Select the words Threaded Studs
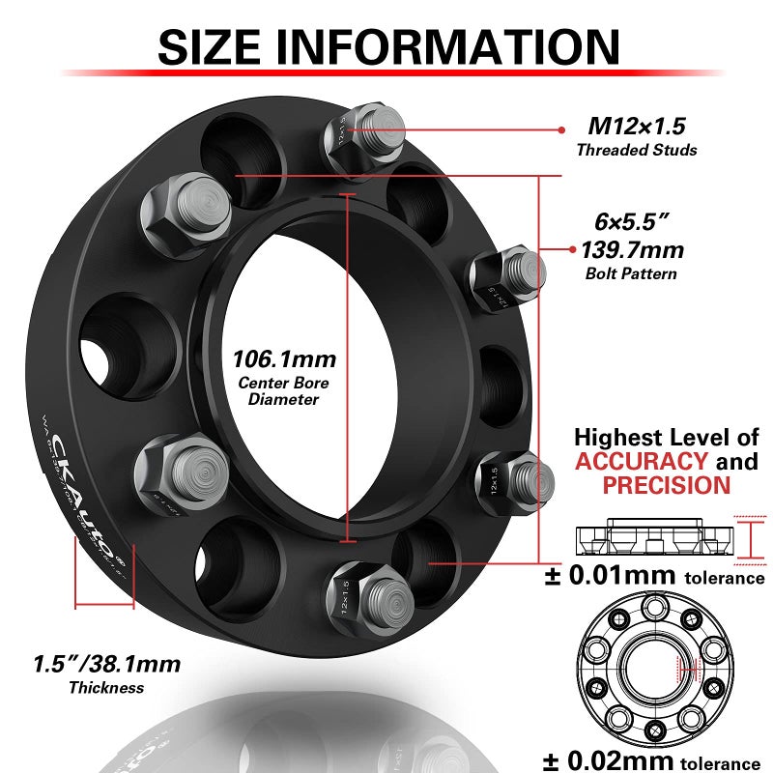[636, 150]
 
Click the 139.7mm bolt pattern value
[632, 250]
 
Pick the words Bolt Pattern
[632, 273]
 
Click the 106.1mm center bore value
[284, 359]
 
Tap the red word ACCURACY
[641, 461]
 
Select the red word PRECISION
[666, 485]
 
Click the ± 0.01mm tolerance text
[653, 577]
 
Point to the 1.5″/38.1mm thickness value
[106, 664]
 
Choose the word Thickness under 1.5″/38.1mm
[106, 687]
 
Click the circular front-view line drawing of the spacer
[653, 662]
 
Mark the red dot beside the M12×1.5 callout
[561, 128]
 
